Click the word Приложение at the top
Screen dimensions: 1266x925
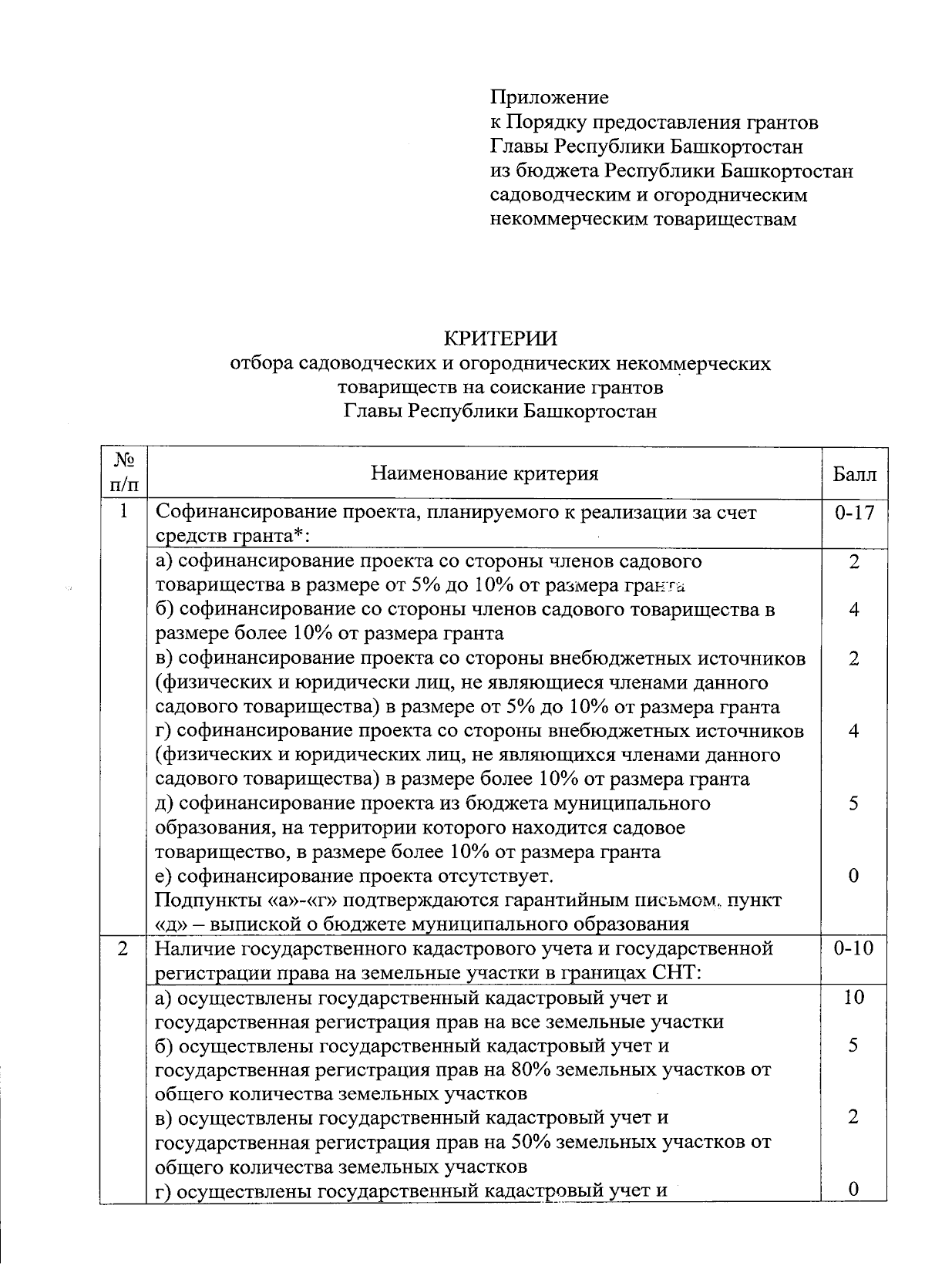(x=550, y=98)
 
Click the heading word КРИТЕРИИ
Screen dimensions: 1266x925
(x=499, y=339)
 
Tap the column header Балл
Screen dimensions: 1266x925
(x=854, y=474)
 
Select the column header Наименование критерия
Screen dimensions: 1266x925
(x=484, y=473)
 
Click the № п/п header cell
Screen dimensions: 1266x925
(x=123, y=473)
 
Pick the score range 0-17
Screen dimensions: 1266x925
(x=854, y=513)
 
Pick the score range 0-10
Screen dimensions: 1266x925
(x=854, y=948)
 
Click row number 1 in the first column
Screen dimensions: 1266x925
(x=123, y=513)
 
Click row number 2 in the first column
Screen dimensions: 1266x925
(x=123, y=948)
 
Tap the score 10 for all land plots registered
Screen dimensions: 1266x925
(x=853, y=997)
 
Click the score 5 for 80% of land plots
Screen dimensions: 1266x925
(x=853, y=1045)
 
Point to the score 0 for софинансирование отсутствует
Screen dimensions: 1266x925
(x=853, y=876)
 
